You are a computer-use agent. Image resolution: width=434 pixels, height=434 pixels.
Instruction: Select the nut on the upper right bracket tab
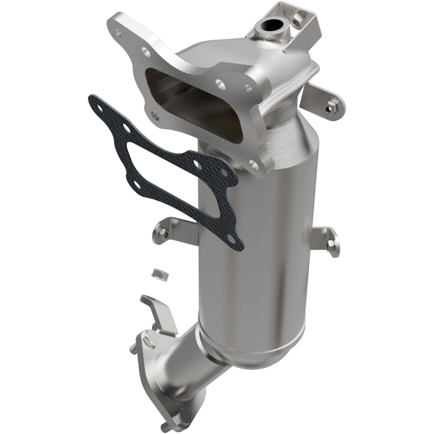[329, 108]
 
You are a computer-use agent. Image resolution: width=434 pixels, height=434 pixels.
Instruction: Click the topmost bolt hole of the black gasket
[125, 128]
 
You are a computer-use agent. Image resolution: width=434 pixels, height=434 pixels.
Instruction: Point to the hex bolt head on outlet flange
[152, 340]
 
